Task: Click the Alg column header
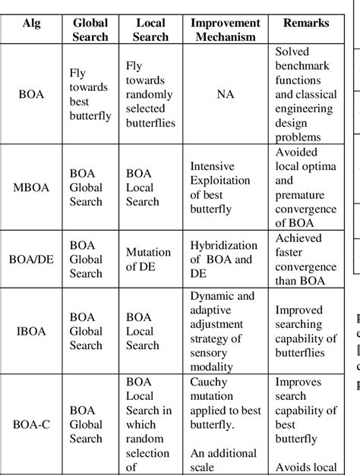point(32,24)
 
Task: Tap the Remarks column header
point(306,24)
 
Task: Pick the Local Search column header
point(150,30)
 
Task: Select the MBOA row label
point(32,187)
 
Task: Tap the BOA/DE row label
point(32,260)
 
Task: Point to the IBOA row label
point(32,331)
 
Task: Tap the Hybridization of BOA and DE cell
point(221,260)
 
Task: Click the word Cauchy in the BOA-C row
point(209,382)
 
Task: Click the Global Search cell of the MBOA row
point(86,187)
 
